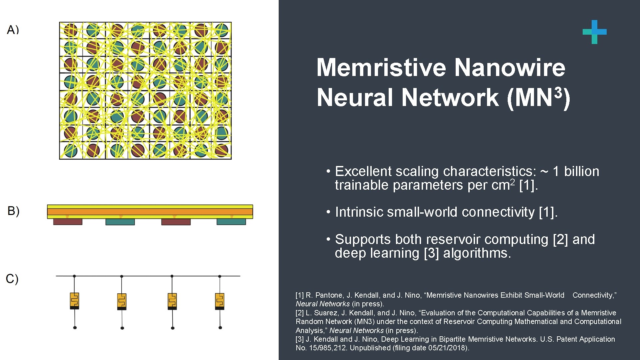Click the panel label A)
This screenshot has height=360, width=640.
tap(13, 30)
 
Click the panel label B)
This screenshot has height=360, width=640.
tap(13, 211)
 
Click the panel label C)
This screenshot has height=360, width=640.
tap(12, 279)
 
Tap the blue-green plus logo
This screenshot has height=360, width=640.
tap(594, 32)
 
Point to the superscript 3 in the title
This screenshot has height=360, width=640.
tap(558, 93)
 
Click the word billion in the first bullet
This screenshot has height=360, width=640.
tap(581, 171)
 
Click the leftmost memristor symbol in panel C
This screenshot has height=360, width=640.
tap(74, 301)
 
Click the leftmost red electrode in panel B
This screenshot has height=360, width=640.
tap(68, 222)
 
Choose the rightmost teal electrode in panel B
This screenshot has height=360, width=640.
tap(231, 222)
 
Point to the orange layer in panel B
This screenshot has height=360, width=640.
tap(150, 212)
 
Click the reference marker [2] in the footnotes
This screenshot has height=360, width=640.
tap(299, 313)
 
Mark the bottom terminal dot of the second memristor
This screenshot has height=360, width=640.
tap(122, 328)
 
